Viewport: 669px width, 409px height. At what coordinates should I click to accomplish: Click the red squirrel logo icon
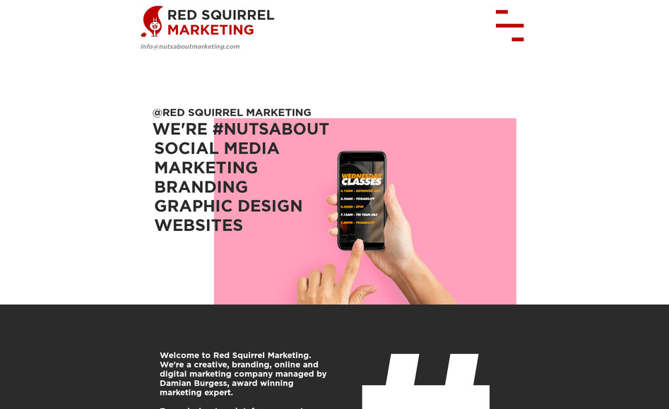152,22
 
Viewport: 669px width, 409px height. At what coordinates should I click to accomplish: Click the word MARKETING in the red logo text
210,30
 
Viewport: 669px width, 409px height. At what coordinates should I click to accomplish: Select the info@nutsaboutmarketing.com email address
189,47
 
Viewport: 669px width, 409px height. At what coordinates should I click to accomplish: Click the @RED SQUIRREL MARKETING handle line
232,112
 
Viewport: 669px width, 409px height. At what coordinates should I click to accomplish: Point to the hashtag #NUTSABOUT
271,129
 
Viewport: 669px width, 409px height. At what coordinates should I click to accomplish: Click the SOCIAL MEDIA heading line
217,148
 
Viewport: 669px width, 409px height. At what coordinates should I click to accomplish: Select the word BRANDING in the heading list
201,187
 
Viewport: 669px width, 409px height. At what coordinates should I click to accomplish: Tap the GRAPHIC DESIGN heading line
228,206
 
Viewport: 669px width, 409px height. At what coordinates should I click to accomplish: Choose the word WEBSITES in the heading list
199,225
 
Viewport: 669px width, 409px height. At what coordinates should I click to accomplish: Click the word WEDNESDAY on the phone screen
361,176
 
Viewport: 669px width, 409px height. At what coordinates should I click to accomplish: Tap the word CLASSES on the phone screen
361,182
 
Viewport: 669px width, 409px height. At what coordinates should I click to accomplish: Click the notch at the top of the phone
361,155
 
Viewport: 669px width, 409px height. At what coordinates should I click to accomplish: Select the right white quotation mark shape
459,378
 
